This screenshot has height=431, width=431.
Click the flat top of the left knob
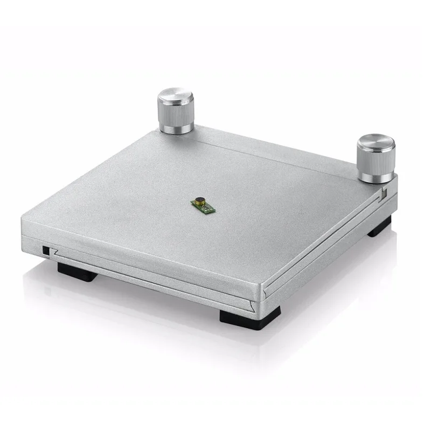coord(176,99)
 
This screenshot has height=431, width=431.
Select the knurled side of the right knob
coord(375,162)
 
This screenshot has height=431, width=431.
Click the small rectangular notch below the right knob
coord(383,191)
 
